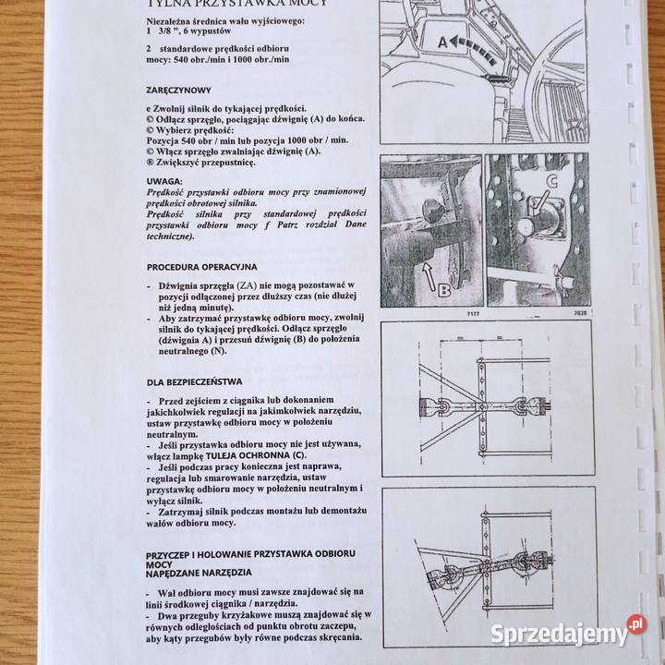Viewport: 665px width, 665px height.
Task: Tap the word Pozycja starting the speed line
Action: [x=169, y=139]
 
